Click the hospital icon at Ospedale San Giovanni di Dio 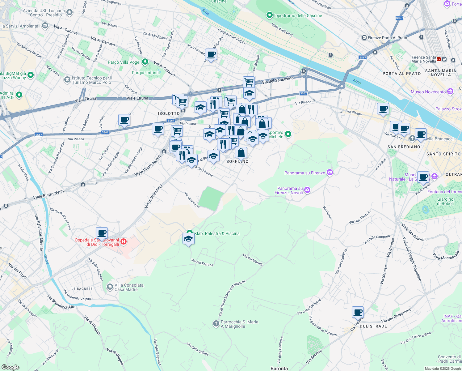pyautogui.click(x=124, y=241)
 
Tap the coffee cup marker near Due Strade pyautogui.click(x=358, y=312)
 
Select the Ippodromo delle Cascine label pyautogui.click(x=298, y=15)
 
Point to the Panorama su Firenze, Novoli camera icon pyautogui.click(x=307, y=190)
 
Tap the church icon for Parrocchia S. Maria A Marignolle pyautogui.click(x=216, y=324)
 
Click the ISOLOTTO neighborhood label pyautogui.click(x=169, y=113)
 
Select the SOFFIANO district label pyautogui.click(x=237, y=161)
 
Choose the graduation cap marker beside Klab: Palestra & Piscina pyautogui.click(x=188, y=239)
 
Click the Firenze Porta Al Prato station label pyautogui.click(x=387, y=38)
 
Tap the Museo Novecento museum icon pyautogui.click(x=450, y=92)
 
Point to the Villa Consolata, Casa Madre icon pyautogui.click(x=110, y=287)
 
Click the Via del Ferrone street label pyautogui.click(x=202, y=262)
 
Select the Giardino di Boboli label pyautogui.click(x=445, y=201)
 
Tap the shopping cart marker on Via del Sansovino pyautogui.click(x=249, y=82)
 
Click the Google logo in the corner pyautogui.click(x=10, y=367)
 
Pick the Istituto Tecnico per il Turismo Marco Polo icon pyautogui.click(x=67, y=80)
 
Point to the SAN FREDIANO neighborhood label pyautogui.click(x=404, y=147)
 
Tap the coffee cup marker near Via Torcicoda pyautogui.click(x=211, y=54)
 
